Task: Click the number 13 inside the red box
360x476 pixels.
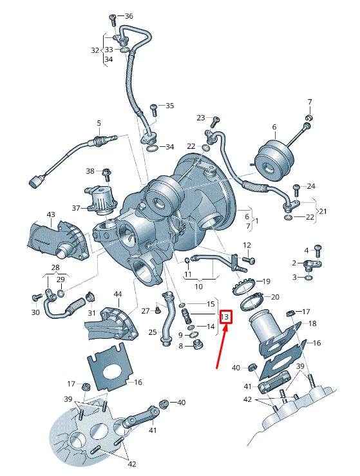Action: [x=225, y=317]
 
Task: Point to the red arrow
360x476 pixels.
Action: [x=221, y=347]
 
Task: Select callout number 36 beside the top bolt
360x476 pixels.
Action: [x=128, y=16]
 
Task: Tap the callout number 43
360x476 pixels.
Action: [x=51, y=214]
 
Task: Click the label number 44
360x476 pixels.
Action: [x=117, y=294]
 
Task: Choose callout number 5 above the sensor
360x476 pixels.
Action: [x=99, y=123]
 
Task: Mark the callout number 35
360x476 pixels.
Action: [x=169, y=106]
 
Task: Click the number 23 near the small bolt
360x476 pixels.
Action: [x=201, y=118]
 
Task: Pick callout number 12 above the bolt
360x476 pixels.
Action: [x=247, y=245]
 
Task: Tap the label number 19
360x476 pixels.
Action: [x=266, y=281]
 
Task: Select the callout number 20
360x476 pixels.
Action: [x=275, y=297]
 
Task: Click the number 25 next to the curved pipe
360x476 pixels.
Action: [x=153, y=332]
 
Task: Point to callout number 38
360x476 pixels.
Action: [x=90, y=171]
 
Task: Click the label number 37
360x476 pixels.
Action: [x=76, y=208]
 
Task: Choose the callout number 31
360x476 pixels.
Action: [x=91, y=313]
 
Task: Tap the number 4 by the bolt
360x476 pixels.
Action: [x=307, y=250]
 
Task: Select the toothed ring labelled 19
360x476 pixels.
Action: [x=247, y=281]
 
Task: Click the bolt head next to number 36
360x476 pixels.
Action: [x=112, y=15]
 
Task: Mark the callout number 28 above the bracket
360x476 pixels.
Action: [x=55, y=267]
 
